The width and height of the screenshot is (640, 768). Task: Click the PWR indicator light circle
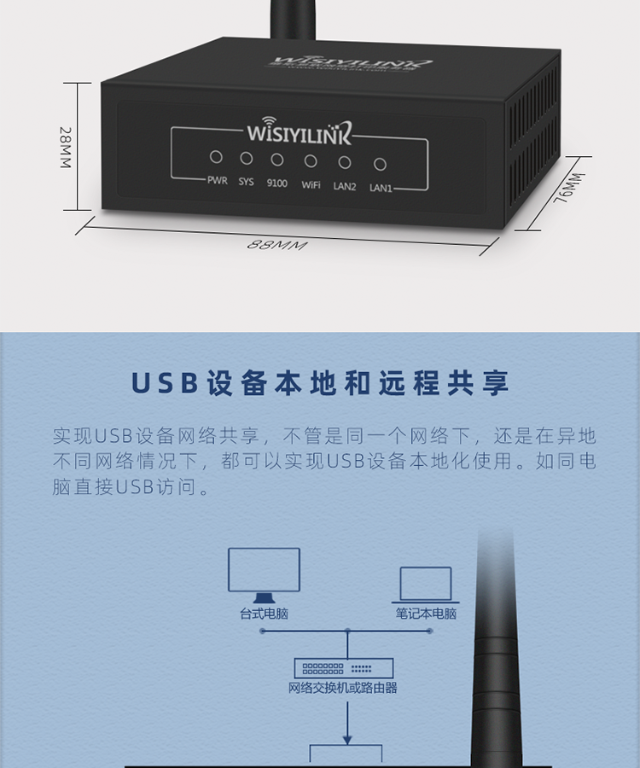(x=216, y=157)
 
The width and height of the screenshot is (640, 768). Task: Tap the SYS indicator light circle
(x=246, y=158)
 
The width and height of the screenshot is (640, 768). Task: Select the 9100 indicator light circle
(x=277, y=159)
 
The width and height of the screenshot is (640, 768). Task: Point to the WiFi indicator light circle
(x=311, y=160)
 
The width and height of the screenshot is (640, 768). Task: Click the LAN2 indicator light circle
(x=345, y=162)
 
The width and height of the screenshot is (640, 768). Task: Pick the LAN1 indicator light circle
(x=381, y=165)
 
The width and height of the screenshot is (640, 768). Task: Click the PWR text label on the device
(x=217, y=180)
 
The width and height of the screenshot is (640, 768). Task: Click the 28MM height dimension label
(x=65, y=147)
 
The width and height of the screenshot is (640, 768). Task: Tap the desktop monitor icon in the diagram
(x=264, y=573)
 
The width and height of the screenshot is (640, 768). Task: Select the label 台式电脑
(x=264, y=614)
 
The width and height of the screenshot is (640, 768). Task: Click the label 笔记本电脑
(x=426, y=614)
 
